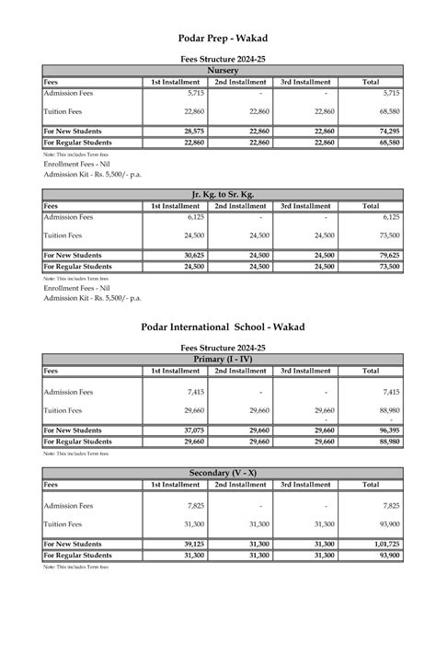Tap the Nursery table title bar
(223, 71)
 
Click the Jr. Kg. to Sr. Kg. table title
(223, 195)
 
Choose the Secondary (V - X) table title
(223, 473)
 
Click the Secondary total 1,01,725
(385, 544)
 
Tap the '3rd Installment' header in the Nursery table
(305, 82)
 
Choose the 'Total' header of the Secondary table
(371, 484)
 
